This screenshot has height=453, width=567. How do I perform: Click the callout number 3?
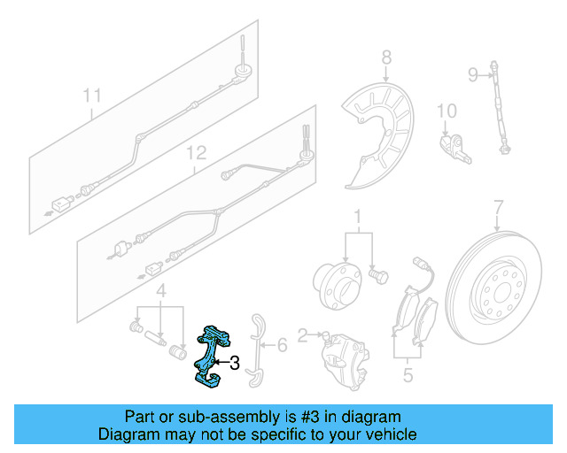pos(234,362)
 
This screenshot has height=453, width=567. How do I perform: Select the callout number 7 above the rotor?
pos(498,207)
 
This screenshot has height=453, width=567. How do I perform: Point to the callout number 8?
pos(386,58)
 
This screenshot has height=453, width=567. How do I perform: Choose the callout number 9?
pos(472,73)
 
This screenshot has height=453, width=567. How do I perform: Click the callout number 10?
pos(447,111)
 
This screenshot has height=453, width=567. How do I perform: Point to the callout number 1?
pos(359,216)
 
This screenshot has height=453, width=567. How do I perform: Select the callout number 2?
pos(302,335)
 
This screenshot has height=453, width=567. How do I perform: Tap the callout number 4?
pos(160,290)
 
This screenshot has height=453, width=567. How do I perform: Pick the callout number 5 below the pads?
pos(408,375)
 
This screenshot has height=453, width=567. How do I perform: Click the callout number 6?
pos(281,344)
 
